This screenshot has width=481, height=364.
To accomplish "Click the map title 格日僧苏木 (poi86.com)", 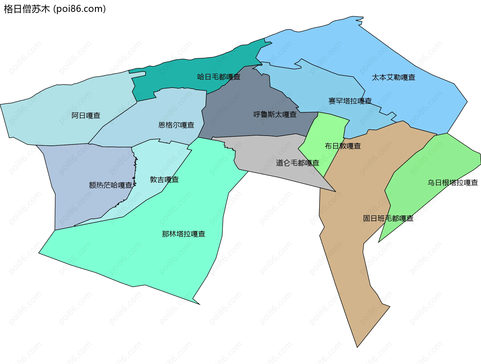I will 55,9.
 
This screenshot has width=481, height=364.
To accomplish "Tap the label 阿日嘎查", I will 86,115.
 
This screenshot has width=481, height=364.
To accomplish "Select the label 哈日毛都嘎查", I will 219,77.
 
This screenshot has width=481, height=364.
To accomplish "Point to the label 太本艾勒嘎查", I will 393,77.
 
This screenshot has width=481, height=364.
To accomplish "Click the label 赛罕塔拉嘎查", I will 350,101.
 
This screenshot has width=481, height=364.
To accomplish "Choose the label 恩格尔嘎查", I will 176,125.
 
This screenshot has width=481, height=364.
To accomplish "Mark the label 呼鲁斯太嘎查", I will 275,114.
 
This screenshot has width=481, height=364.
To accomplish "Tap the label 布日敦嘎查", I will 342,146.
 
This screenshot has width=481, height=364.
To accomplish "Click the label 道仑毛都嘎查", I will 297,163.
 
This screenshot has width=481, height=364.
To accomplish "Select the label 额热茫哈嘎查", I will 110,185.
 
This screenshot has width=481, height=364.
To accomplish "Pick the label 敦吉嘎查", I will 164,180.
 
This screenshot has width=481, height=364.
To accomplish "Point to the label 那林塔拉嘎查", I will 183,234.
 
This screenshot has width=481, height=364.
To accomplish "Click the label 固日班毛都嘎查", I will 388,218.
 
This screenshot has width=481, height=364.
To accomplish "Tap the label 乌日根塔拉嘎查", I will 452,183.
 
